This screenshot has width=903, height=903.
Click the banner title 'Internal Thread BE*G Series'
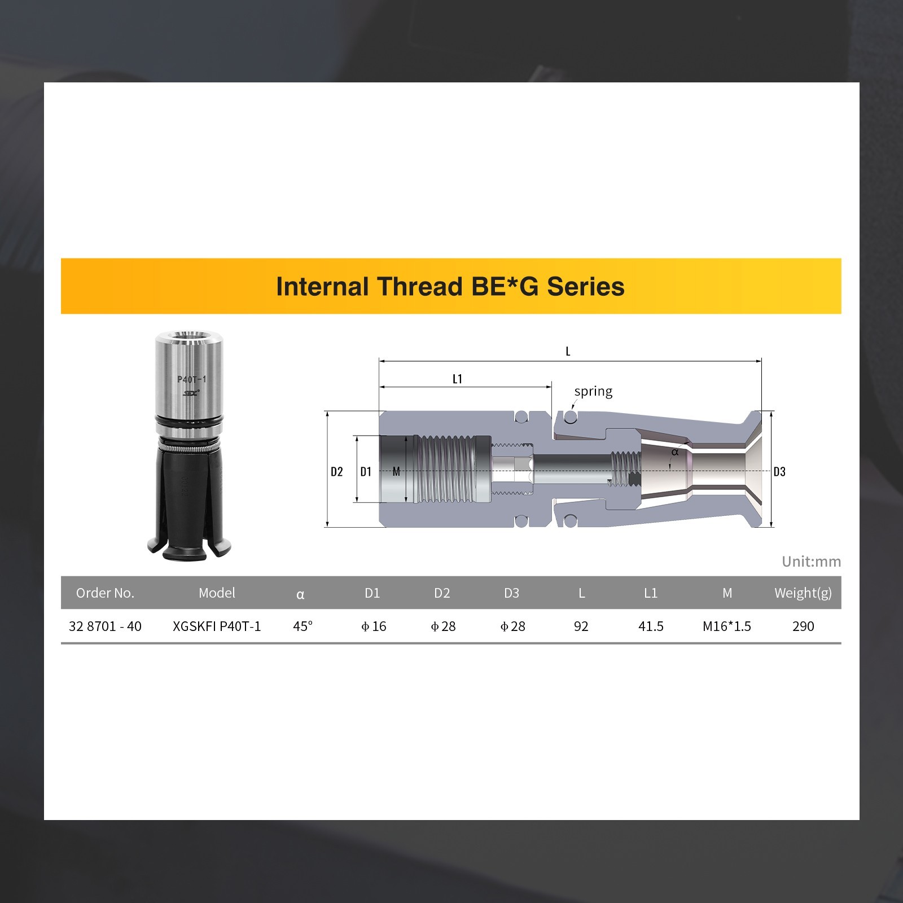click(x=450, y=287)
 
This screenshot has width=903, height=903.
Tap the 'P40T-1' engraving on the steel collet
click(x=191, y=379)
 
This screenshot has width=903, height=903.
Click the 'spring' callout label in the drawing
click(x=593, y=391)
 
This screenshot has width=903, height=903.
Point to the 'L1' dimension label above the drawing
click(x=457, y=379)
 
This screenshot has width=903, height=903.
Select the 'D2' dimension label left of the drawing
click(x=337, y=472)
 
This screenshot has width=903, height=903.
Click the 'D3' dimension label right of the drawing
click(x=779, y=472)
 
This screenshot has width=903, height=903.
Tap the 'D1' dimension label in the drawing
click(x=366, y=472)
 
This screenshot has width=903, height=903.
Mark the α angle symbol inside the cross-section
click(x=674, y=452)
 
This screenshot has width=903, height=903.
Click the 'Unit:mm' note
click(x=811, y=562)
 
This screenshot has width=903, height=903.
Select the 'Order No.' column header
click(x=105, y=593)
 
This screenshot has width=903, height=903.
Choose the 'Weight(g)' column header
click(x=803, y=593)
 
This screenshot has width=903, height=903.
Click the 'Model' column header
click(x=217, y=593)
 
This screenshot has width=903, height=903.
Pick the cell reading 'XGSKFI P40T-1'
click(x=217, y=626)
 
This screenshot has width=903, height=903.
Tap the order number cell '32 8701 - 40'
click(x=105, y=626)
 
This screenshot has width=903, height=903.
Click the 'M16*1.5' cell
click(x=726, y=626)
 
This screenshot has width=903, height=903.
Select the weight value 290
click(x=803, y=626)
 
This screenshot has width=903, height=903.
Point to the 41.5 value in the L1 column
click(x=651, y=626)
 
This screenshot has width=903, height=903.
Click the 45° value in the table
click(x=303, y=626)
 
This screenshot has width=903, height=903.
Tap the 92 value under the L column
click(x=581, y=626)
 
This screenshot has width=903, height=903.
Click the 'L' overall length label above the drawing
click(x=568, y=352)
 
